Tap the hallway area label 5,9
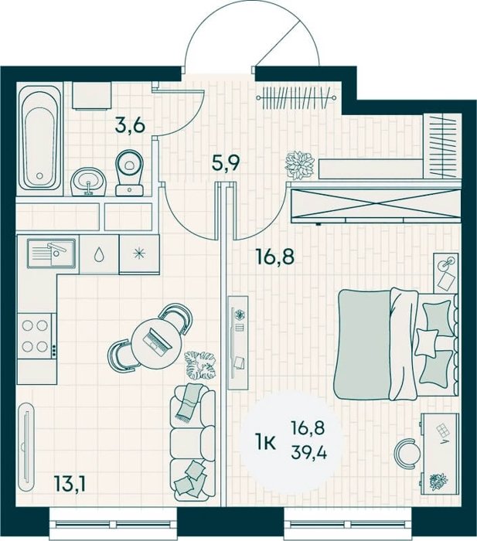(x=226, y=164)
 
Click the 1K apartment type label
(x=265, y=443)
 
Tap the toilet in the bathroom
(x=130, y=173)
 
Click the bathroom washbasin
(x=88, y=181)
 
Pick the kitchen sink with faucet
(x=52, y=253)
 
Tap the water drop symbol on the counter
(x=99, y=254)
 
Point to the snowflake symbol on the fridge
(x=138, y=254)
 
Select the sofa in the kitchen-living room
(x=193, y=443)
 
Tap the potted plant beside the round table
(x=200, y=365)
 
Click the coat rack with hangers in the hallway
(x=296, y=98)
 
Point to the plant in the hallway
(x=300, y=165)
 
